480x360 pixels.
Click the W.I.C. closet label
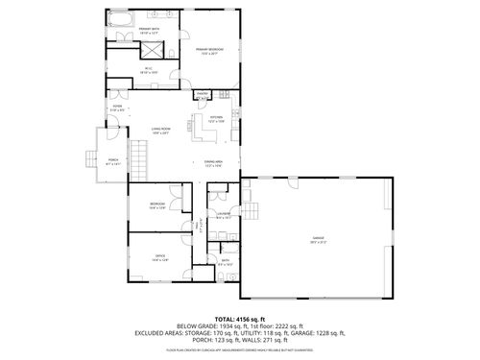[x=149, y=70]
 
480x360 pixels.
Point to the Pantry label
[x=203, y=94]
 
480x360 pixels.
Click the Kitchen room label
[x=216, y=119]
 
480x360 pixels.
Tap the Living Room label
[x=159, y=131]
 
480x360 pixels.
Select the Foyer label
[x=117, y=109]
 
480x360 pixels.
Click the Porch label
[x=113, y=160]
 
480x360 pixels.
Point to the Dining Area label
[x=213, y=164]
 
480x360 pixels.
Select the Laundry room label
[x=222, y=217]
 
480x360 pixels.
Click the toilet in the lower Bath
[x=220, y=276]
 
